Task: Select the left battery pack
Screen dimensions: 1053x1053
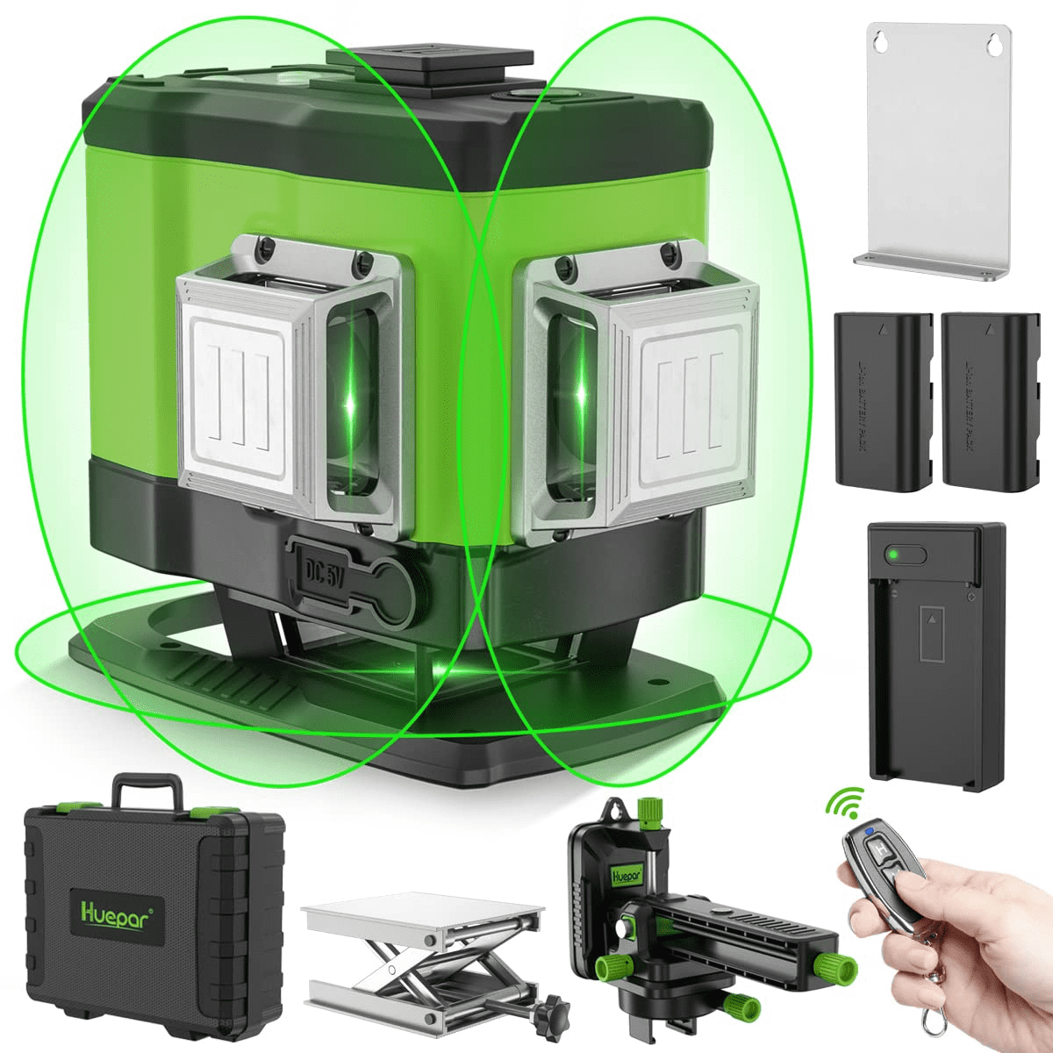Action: [883, 398]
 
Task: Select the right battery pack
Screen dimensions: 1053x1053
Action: [990, 398]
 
